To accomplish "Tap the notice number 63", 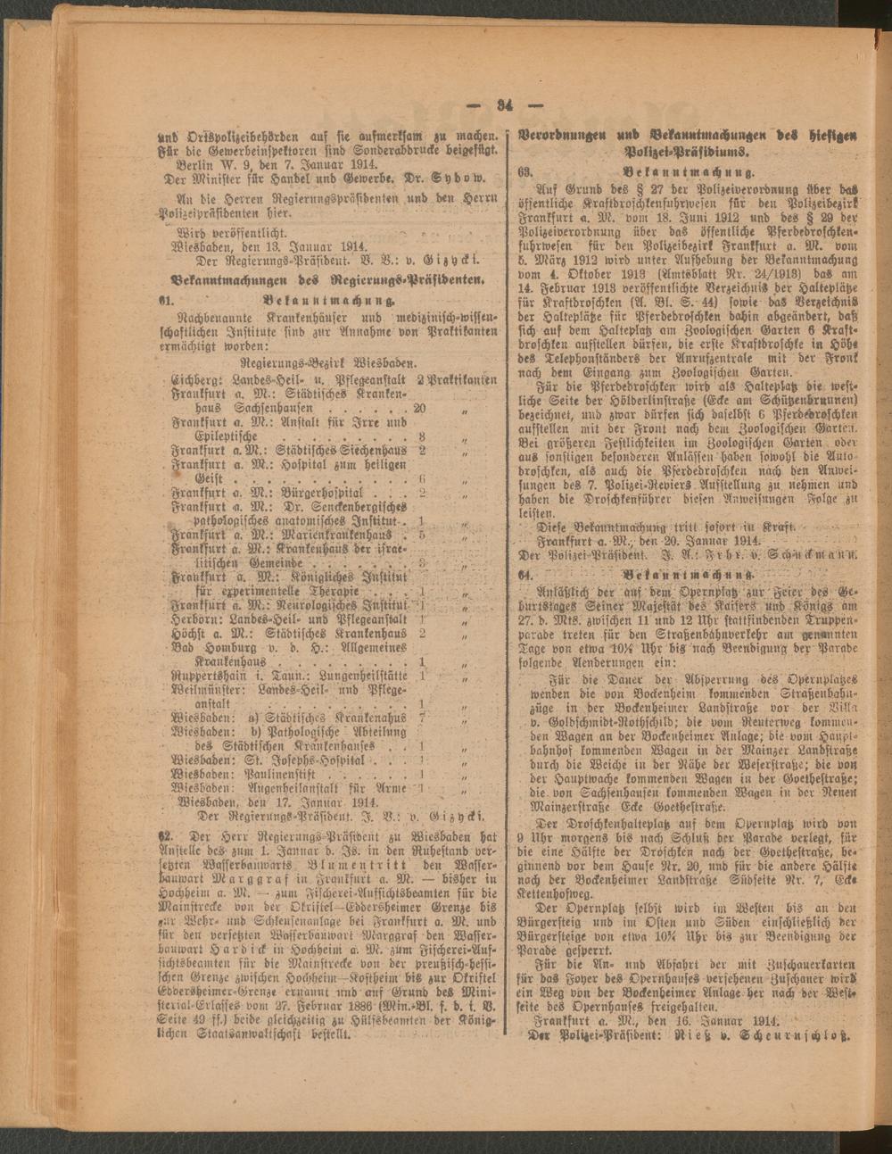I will click(525, 169).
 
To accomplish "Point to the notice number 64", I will click(526, 574).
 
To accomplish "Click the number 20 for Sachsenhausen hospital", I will click(419, 408).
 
